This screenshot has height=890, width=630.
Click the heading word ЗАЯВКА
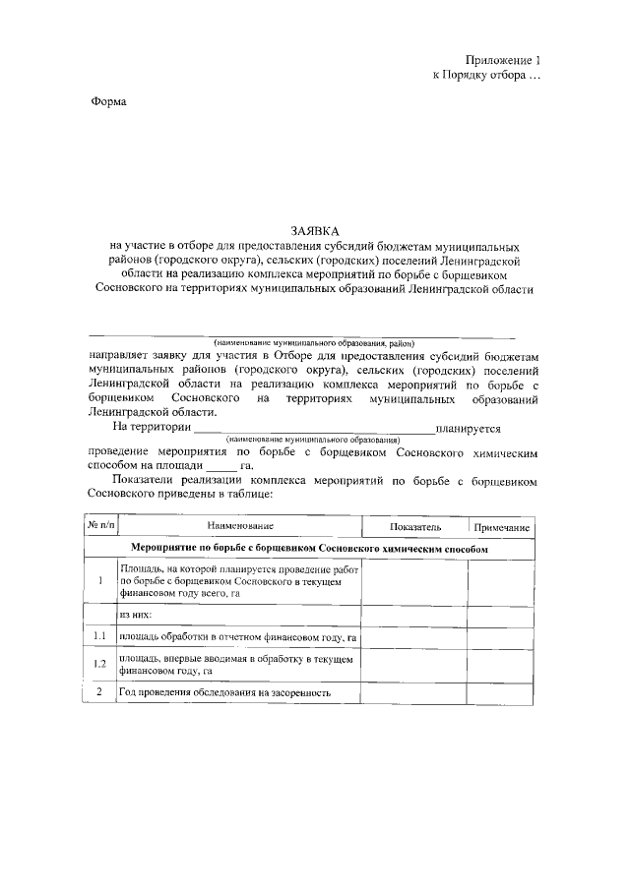pos(314,230)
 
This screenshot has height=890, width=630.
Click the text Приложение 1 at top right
pos(504,60)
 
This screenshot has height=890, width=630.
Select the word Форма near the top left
pos(108,102)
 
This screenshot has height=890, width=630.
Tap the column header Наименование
pos(239,528)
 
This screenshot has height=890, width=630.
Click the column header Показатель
pos(414,528)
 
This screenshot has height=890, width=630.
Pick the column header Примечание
pos(499,528)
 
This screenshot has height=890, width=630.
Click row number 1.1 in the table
pos(100,637)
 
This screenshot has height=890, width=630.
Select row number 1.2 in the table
pos(100,665)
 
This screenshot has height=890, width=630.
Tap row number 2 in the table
pos(100,692)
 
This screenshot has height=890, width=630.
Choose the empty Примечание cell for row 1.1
pos(499,637)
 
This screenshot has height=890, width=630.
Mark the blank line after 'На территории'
pos(315,430)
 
